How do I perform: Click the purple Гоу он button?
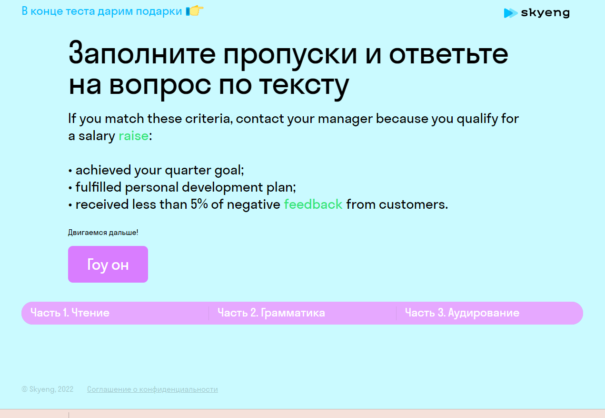[108, 264]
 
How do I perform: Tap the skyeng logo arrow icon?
[510, 13]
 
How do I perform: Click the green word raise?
[133, 136]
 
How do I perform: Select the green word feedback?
[313, 204]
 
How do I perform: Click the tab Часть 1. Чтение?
[70, 313]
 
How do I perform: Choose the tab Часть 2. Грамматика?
[271, 313]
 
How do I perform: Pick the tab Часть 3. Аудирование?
[462, 313]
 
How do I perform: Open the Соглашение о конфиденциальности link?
[152, 389]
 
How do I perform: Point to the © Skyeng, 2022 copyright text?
[48, 389]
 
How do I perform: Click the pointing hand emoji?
[195, 11]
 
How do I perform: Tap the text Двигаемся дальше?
[103, 233]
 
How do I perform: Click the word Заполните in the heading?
[142, 53]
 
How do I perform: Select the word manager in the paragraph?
[345, 119]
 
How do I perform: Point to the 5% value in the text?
[199, 204]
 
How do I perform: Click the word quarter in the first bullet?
[188, 170]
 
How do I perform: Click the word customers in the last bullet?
[413, 204]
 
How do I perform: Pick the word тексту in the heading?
[304, 86]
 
